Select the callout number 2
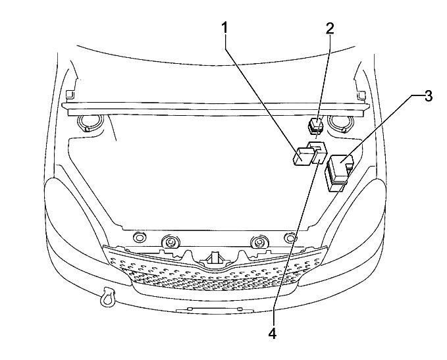coord(329,28)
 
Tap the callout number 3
coord(428,96)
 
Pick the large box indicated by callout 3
coord(339,170)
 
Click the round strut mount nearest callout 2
coord(340,122)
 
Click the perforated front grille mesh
coord(217,276)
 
